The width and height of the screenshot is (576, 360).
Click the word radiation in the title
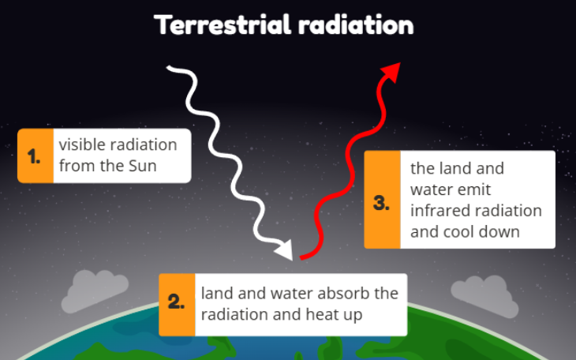click(x=357, y=24)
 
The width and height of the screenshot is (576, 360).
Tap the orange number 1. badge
click(x=36, y=156)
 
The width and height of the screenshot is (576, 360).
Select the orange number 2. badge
click(x=177, y=305)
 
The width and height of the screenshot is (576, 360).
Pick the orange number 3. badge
click(x=382, y=199)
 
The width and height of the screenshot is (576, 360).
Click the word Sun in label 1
click(x=143, y=166)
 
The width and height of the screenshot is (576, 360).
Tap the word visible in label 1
click(x=78, y=144)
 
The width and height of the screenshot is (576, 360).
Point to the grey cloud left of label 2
click(x=95, y=291)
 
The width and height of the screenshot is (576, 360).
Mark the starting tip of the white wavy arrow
click(x=167, y=67)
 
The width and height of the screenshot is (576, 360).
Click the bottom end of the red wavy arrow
click(x=301, y=258)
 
